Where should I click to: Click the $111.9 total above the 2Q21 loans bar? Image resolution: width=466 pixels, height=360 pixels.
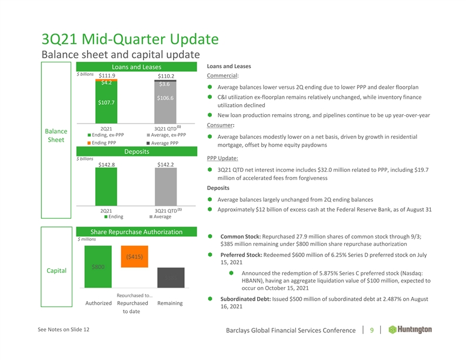[106, 75]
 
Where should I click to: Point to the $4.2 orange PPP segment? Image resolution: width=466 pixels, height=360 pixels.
[106, 83]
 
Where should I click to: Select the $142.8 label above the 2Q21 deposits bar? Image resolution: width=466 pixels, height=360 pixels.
[106, 165]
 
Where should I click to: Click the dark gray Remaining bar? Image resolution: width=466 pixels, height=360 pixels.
[171, 278]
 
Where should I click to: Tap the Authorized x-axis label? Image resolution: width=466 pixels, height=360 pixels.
[98, 304]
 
